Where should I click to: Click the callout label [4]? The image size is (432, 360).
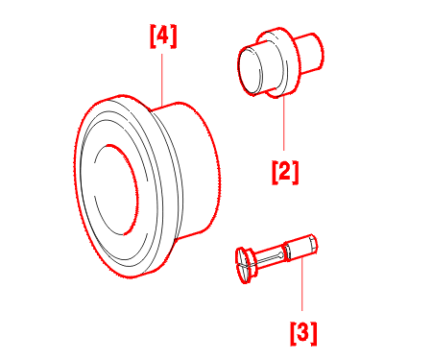163,36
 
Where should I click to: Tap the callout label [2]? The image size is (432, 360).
285,173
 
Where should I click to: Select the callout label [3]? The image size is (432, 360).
303,334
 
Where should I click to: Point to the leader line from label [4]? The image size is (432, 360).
162,80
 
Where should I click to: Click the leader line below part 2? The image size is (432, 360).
283,123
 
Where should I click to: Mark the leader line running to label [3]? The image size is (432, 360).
301,283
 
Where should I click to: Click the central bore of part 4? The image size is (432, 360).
116,189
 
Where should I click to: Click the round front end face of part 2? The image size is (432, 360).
250,70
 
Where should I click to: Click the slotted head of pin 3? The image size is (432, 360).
245,265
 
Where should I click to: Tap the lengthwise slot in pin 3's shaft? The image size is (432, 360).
269,257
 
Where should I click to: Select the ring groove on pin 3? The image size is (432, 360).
287,252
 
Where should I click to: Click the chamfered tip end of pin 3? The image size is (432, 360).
314,245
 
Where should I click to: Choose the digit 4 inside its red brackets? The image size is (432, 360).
163,36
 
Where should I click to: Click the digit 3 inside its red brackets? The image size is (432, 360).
303,332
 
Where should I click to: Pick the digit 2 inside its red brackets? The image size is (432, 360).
285,171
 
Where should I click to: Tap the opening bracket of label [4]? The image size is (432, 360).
153,36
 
